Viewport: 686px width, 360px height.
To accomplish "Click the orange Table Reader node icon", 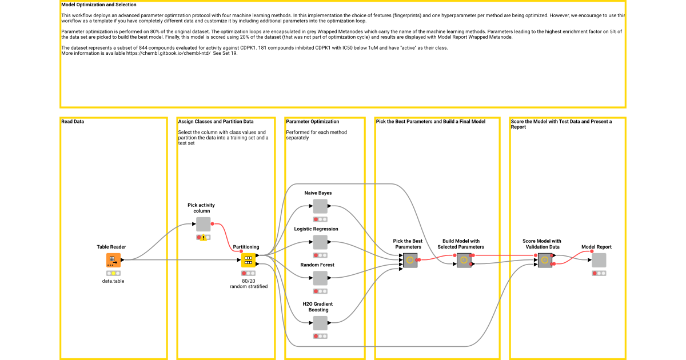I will coord(113,260).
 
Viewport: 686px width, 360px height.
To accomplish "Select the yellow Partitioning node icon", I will coord(248,260).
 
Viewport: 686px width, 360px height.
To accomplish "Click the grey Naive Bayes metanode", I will coord(320,206).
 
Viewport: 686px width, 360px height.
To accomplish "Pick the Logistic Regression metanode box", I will coord(320,242).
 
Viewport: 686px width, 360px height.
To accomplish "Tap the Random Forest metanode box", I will coord(320,278).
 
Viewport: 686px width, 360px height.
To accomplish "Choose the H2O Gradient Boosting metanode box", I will coord(320,323).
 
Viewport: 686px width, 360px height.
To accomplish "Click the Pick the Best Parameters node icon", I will coord(410,260).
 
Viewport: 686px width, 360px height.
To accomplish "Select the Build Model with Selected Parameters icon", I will coord(464,260).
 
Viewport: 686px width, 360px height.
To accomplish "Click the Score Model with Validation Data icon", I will coord(545,260).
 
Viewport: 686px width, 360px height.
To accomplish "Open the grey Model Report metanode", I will coord(599,260).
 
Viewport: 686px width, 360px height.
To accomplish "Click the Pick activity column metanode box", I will coord(203,224).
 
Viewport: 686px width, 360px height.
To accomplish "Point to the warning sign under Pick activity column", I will coord(203,237).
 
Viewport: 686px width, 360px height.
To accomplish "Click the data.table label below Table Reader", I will coord(113,281).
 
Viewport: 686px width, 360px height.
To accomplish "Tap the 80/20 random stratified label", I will coord(249,283).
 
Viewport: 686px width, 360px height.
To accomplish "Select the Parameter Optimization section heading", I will coord(312,122).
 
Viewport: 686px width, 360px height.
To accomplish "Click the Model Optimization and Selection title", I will coord(98,5).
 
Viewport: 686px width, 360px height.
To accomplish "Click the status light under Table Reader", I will coord(113,273).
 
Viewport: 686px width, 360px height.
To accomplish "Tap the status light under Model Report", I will coord(599,273).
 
